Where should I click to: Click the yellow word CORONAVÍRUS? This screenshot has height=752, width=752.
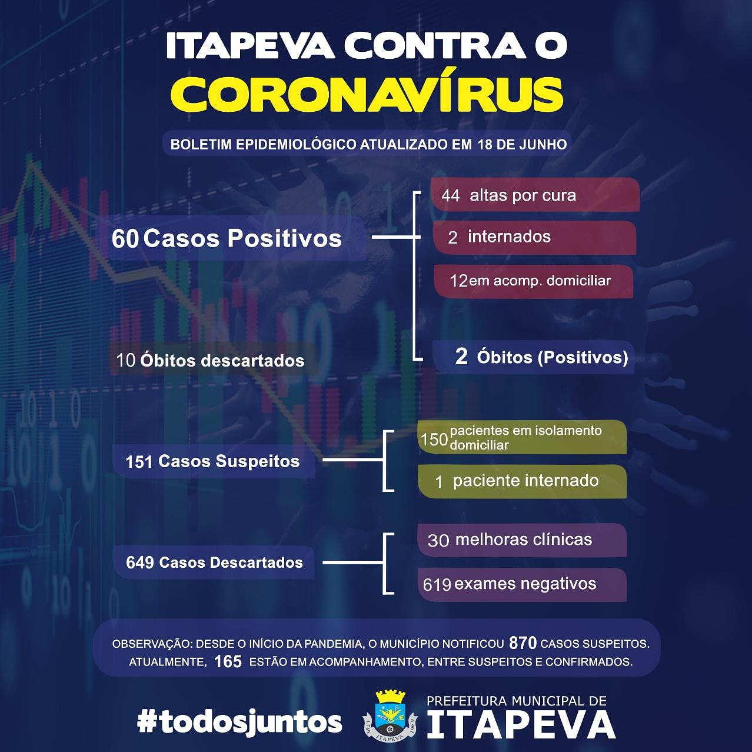coord(367,95)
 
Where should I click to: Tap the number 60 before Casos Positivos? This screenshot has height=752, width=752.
coord(125,238)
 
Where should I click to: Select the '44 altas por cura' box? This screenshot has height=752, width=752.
coord(535,195)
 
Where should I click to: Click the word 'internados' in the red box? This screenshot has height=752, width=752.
coord(509,237)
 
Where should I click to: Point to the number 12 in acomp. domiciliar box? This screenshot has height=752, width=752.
coord(458,281)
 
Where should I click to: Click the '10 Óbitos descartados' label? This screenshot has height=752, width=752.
coord(210,360)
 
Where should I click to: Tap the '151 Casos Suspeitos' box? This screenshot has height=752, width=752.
coord(214,461)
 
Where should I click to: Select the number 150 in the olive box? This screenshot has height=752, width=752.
coord(434,440)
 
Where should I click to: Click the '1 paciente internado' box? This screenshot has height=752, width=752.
coord(523,481)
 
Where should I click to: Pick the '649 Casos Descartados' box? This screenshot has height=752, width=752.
coord(214,563)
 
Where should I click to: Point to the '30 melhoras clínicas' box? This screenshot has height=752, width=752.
coord(523,540)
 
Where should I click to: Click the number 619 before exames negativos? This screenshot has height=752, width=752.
coord(437,584)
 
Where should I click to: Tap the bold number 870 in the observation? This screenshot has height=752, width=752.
coord(523,643)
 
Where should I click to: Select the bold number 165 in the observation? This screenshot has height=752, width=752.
coord(228,662)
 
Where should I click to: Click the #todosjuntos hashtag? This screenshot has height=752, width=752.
coord(239,721)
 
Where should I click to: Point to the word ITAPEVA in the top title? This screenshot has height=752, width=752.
coord(250,45)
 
